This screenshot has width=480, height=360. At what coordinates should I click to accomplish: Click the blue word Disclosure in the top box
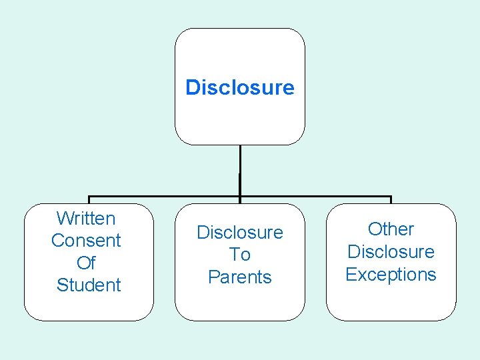(x=240, y=87)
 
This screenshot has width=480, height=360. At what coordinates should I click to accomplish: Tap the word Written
(x=86, y=218)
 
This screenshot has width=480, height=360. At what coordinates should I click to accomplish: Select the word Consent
(x=86, y=241)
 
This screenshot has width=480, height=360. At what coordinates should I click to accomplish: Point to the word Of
(x=86, y=263)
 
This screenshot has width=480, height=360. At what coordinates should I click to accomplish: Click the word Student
(x=89, y=285)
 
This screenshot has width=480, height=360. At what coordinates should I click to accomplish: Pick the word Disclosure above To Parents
(x=240, y=233)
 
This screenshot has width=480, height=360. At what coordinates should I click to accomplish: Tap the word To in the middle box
(x=240, y=255)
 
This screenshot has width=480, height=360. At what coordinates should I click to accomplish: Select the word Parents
(x=240, y=277)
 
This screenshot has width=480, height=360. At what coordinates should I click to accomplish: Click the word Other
(x=391, y=229)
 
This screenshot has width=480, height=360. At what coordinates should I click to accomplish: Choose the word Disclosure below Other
(x=391, y=252)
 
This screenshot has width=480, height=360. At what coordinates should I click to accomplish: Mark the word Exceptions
(x=391, y=274)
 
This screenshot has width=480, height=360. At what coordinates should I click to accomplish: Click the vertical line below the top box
(x=240, y=170)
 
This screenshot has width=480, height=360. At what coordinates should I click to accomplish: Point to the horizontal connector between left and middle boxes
(x=163, y=197)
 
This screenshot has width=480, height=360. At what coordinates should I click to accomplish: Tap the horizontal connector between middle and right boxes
(x=315, y=197)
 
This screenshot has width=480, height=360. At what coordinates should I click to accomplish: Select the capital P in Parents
(x=213, y=277)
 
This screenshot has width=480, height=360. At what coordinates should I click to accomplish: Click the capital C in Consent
(x=57, y=241)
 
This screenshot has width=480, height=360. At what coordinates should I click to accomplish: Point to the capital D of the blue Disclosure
(x=192, y=87)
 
